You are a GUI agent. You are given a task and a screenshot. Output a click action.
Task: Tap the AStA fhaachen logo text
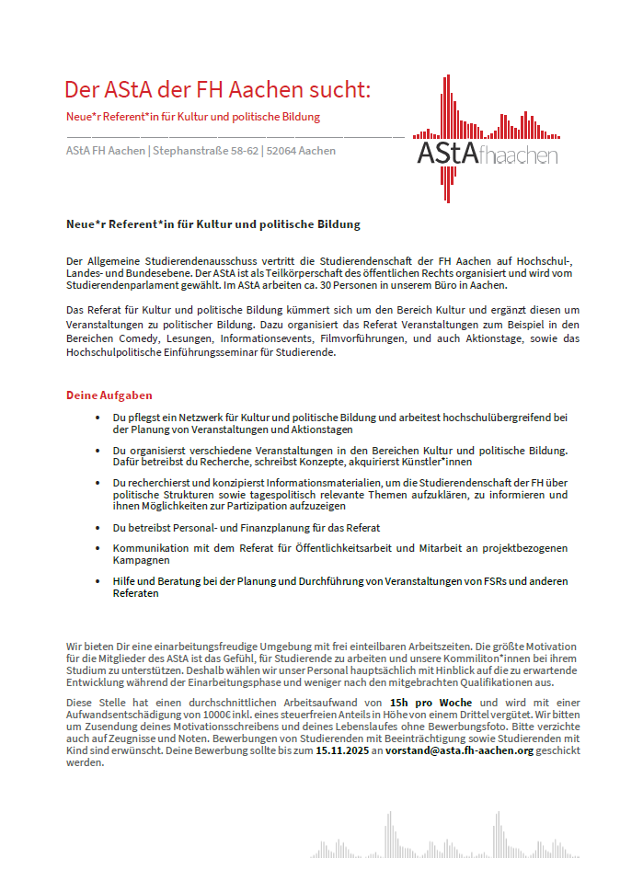487,154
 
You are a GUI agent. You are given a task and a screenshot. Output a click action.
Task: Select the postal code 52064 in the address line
281,151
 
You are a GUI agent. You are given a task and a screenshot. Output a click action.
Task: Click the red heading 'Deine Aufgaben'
109,395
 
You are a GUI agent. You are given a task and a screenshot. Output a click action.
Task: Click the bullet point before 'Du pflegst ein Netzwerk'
99,418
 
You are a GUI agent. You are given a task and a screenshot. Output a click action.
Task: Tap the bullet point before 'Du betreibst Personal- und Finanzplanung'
99,528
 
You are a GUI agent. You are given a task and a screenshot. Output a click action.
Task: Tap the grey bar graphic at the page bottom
451,841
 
